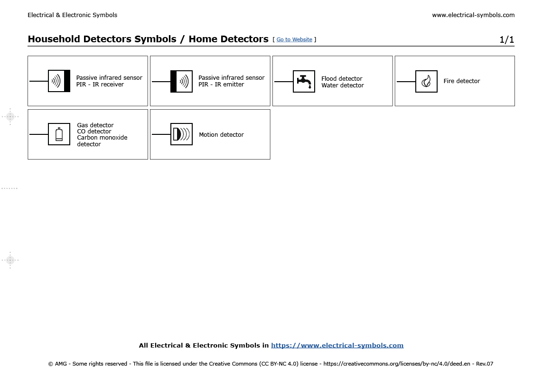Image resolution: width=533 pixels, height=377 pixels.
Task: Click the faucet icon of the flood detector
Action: click(x=304, y=81)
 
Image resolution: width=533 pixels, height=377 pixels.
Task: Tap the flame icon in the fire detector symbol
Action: click(x=426, y=82)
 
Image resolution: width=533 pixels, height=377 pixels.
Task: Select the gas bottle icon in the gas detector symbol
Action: click(x=59, y=134)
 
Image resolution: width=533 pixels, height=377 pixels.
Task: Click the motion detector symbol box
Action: click(x=181, y=134)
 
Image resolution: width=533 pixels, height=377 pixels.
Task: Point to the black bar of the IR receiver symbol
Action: click(x=67, y=81)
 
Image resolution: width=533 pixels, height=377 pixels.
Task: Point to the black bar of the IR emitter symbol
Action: click(x=173, y=81)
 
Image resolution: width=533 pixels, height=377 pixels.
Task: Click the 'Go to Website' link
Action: click(x=294, y=40)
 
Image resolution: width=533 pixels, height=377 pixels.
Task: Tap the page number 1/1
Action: click(x=506, y=40)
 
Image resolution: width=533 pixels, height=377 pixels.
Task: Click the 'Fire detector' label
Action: click(x=461, y=81)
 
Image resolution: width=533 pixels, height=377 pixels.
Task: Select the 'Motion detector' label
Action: click(x=221, y=135)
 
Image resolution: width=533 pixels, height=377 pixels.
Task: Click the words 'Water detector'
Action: click(x=342, y=85)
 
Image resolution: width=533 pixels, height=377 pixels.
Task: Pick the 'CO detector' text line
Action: click(x=94, y=132)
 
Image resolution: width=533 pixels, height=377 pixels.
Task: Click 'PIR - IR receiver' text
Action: click(x=100, y=85)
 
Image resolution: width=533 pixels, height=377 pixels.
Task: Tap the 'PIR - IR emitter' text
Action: click(x=221, y=85)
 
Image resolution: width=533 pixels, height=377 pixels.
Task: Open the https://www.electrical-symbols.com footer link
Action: click(x=337, y=346)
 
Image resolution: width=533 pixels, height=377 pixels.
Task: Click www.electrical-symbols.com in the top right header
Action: click(x=473, y=15)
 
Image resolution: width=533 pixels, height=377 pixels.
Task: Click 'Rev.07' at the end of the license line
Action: click(x=484, y=364)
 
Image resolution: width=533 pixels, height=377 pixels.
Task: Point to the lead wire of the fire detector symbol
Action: click(x=406, y=82)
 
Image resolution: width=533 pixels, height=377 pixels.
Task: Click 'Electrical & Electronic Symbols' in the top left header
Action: click(x=72, y=15)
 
